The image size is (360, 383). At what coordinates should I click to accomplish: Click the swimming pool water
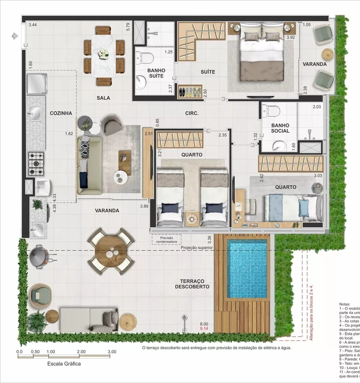(x=247, y=268)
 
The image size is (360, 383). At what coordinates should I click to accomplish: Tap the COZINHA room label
(x=61, y=113)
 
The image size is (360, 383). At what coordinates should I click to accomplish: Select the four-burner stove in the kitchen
(x=36, y=164)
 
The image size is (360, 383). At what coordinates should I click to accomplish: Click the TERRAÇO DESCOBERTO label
(x=192, y=283)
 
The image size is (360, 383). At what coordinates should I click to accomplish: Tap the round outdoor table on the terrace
(x=111, y=251)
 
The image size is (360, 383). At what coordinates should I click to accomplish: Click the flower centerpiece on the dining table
(x=103, y=53)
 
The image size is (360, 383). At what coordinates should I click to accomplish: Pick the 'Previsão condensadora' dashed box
(x=166, y=239)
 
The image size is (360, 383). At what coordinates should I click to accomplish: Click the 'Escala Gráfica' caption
(x=64, y=364)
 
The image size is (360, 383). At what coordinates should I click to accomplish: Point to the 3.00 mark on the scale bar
(x=112, y=351)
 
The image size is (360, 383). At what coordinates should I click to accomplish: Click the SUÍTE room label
(x=208, y=72)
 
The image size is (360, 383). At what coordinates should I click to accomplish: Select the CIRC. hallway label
(x=191, y=113)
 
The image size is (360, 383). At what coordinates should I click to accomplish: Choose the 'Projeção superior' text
(x=197, y=247)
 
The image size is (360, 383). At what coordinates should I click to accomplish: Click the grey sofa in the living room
(x=89, y=165)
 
